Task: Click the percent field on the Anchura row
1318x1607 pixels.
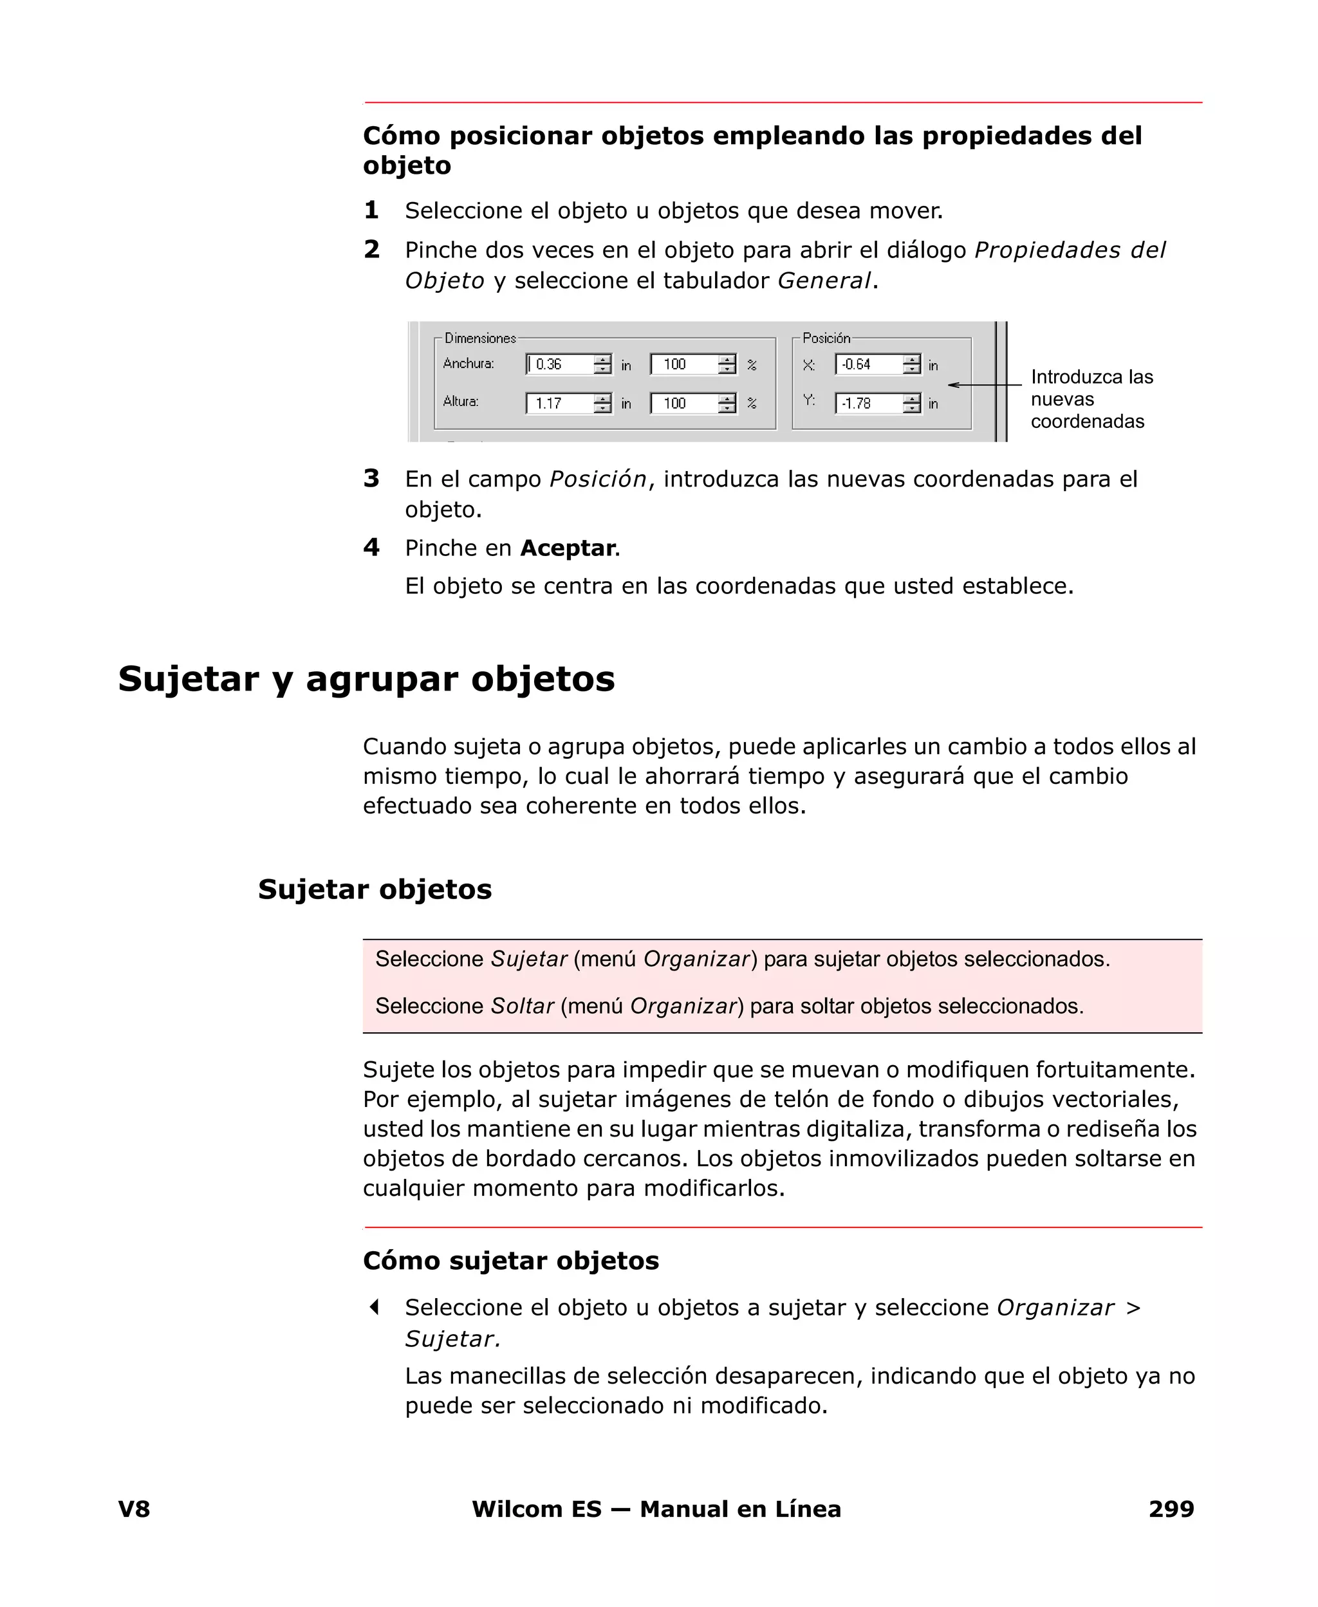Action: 684,364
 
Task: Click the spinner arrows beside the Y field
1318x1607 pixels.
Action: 912,403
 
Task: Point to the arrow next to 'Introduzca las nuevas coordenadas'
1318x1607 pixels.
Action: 984,385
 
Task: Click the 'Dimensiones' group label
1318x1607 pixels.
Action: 480,338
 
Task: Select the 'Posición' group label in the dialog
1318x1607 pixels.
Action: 826,338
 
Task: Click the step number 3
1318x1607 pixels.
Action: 371,478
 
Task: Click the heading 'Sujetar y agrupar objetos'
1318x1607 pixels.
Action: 366,678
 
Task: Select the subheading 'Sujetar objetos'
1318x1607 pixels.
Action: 375,889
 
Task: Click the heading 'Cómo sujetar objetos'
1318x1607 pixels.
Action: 510,1260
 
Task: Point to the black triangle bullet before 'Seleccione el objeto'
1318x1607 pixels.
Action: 373,1307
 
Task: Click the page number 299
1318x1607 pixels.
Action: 1171,1509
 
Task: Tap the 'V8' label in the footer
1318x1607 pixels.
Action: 134,1509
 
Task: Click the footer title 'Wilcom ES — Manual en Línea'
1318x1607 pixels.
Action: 656,1509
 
